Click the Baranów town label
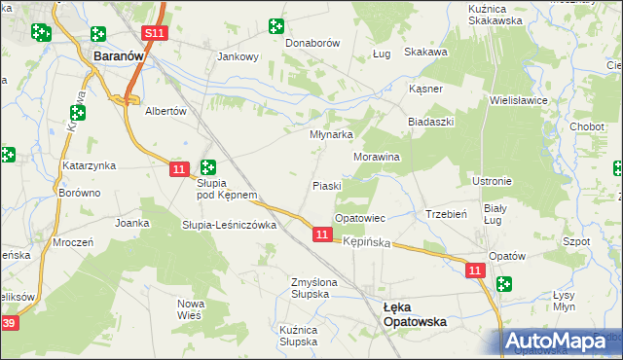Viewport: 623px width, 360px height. tap(118, 57)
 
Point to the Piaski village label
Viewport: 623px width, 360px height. tap(326, 185)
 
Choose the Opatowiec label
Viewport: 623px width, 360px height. tap(360, 218)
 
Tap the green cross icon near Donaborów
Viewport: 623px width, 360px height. tap(276, 25)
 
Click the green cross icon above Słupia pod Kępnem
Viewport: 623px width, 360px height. tap(208, 166)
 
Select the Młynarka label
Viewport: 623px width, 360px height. tap(331, 135)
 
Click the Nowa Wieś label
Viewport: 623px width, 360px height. tap(191, 309)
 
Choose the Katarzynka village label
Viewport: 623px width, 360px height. tap(90, 165)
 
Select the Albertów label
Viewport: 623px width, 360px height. tap(165, 111)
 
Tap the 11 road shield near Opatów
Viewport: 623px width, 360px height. tap(475, 270)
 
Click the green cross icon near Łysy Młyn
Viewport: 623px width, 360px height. tap(503, 284)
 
